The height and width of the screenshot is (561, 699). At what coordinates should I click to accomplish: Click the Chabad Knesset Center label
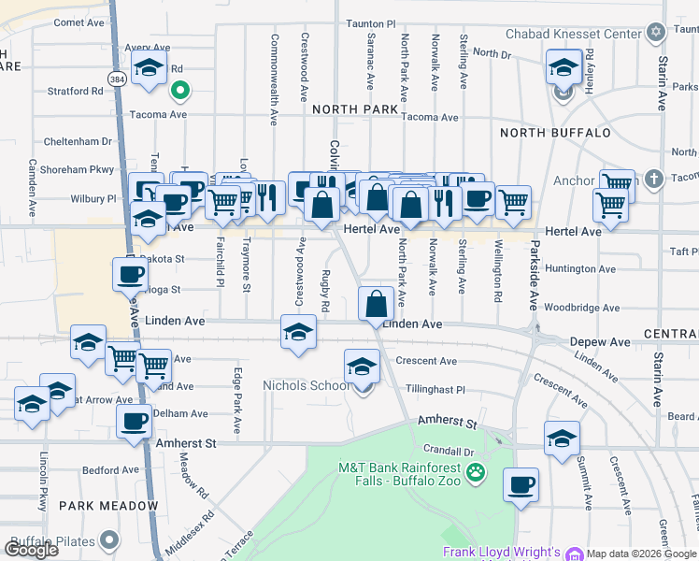coord(574,35)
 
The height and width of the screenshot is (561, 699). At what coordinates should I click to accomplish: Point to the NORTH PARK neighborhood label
coord(355,109)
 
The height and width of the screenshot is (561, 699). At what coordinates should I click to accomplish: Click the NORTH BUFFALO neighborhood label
coord(555,133)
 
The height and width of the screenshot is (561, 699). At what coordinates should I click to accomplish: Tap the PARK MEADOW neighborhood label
coord(108,506)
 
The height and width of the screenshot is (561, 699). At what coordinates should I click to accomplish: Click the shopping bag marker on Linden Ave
coord(376,304)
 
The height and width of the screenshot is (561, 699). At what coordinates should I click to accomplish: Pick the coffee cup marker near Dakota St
coord(131,274)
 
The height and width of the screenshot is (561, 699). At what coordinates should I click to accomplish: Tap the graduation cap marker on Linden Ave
coord(298,332)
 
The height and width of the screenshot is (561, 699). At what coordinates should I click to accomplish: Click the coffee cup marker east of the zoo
coord(521,484)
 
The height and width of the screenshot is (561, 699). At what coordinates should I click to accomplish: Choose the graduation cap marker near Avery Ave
coord(149,68)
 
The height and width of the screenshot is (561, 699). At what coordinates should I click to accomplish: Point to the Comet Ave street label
coord(79,22)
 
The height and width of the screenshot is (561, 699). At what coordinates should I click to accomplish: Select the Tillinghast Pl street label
coord(435,389)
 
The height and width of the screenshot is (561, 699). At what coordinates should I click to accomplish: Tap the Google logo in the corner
coord(31,550)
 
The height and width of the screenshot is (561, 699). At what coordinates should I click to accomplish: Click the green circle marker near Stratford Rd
coord(180,91)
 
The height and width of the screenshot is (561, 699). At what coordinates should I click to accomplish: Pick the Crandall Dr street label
coord(443,450)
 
